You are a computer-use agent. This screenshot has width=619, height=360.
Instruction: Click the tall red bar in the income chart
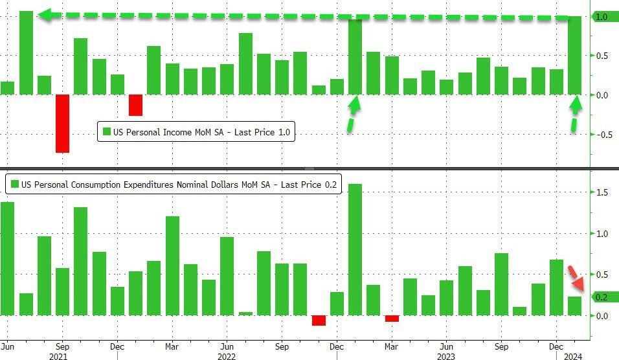click(62, 123)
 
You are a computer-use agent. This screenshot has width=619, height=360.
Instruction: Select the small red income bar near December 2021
click(135, 105)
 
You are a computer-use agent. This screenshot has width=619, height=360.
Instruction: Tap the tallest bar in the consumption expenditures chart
click(355, 249)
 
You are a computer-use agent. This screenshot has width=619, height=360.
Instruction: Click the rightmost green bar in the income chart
click(574, 56)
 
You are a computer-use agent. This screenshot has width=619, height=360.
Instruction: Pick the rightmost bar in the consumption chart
click(574, 306)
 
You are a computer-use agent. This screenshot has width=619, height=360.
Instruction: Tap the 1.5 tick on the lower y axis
click(602, 192)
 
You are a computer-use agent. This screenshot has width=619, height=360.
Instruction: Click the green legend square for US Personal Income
click(107, 133)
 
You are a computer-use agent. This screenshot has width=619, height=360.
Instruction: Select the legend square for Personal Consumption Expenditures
click(15, 185)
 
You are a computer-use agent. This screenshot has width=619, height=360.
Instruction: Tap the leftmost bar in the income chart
click(8, 88)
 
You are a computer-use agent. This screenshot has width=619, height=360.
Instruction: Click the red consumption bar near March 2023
click(392, 319)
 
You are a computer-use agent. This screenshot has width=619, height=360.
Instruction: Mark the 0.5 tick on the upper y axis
click(602, 56)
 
